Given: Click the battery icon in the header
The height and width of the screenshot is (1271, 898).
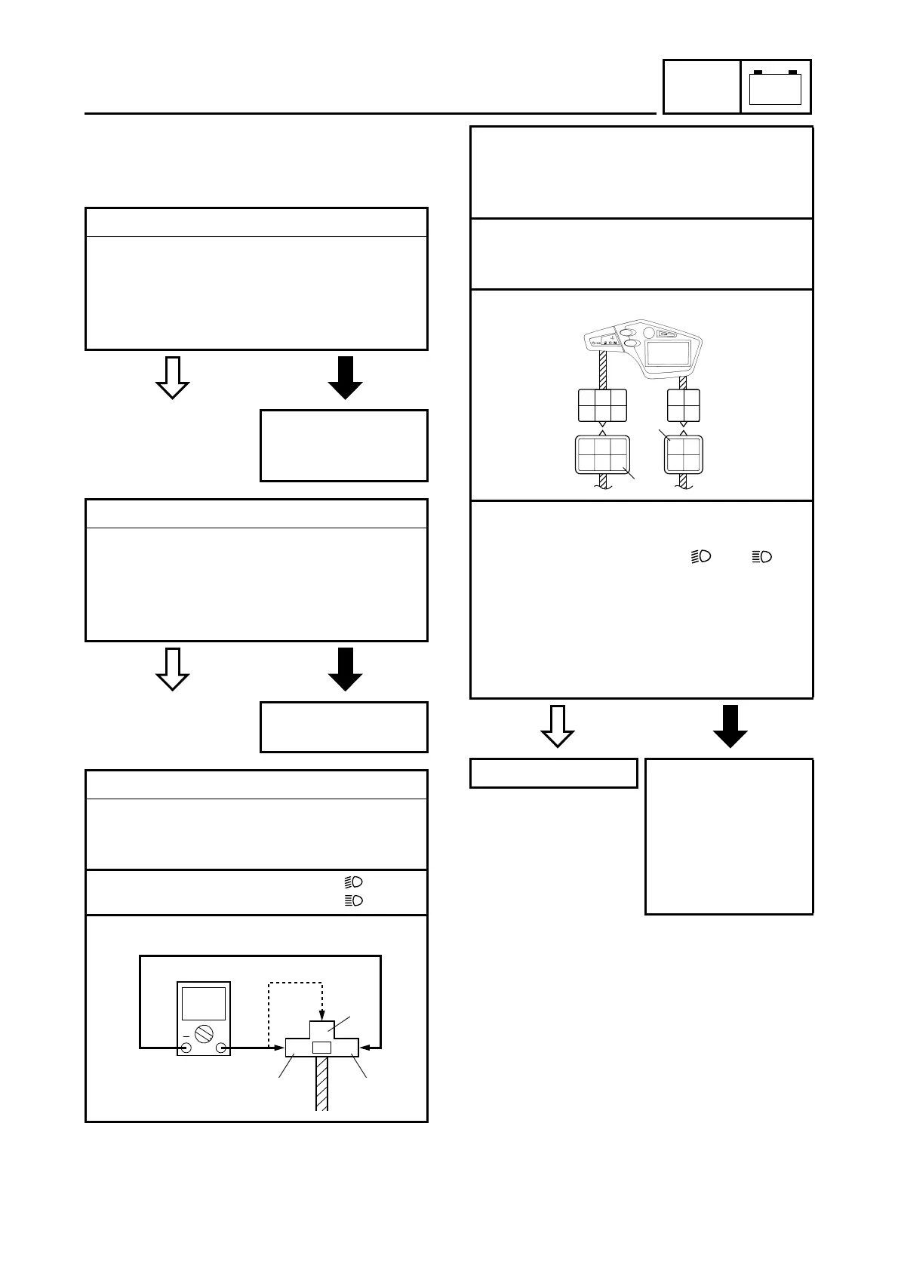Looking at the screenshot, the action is click(775, 87).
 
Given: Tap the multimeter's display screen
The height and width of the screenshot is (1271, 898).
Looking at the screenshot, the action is click(204, 1003).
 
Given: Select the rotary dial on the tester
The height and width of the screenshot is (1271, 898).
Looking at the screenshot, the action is click(204, 1033).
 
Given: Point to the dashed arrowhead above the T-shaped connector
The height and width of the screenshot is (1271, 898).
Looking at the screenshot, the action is click(322, 1014).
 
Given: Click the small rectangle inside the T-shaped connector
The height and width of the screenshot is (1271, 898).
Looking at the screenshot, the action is click(321, 1048).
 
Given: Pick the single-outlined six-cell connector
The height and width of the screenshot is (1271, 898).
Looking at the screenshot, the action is click(602, 405).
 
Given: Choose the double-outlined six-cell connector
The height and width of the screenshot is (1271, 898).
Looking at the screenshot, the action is click(602, 455).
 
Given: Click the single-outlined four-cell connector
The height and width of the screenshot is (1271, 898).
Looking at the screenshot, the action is click(684, 405).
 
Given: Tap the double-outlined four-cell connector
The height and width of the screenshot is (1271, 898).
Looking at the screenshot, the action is click(684, 455).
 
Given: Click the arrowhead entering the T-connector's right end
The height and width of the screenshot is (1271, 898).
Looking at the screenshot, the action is click(365, 1047).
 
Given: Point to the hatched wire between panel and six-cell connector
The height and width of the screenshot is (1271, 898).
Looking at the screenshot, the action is click(602, 371).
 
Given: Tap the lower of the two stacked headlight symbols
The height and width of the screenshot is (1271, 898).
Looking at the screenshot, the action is click(354, 900).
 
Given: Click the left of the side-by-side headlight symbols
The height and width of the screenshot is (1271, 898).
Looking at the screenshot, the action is click(701, 557).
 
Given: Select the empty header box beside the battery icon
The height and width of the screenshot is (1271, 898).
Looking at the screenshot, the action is click(701, 87).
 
